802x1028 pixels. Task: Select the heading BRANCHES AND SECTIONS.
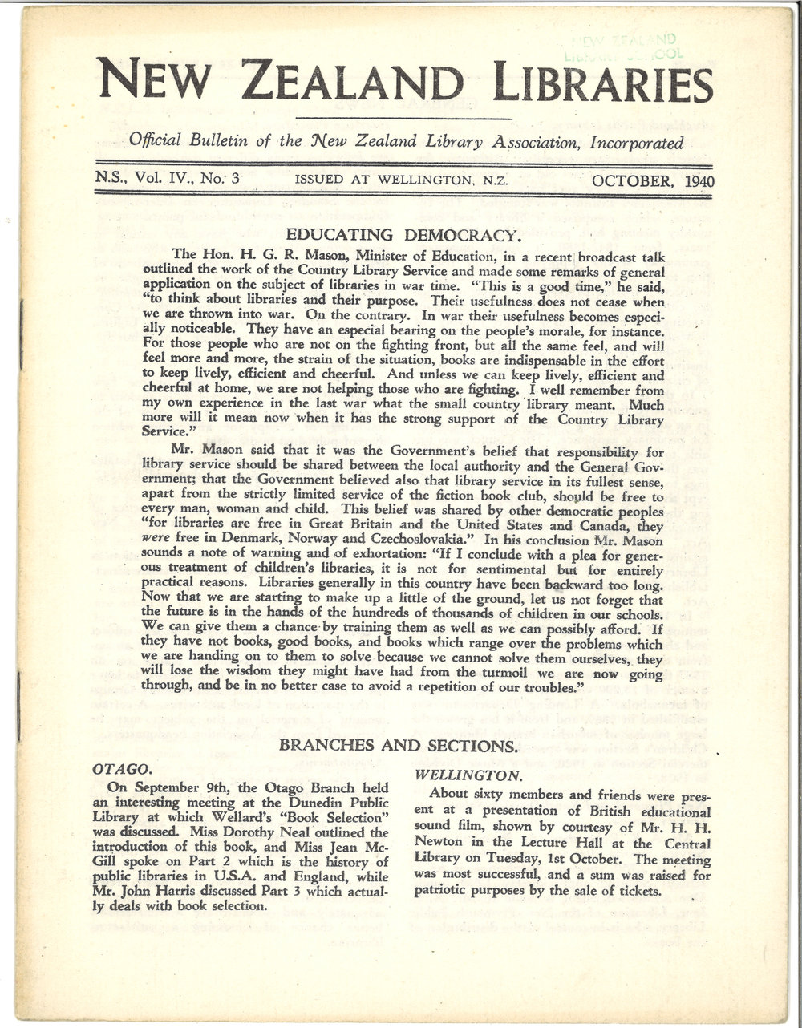pos(397,745)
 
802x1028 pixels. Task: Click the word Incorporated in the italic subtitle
pos(636,144)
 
